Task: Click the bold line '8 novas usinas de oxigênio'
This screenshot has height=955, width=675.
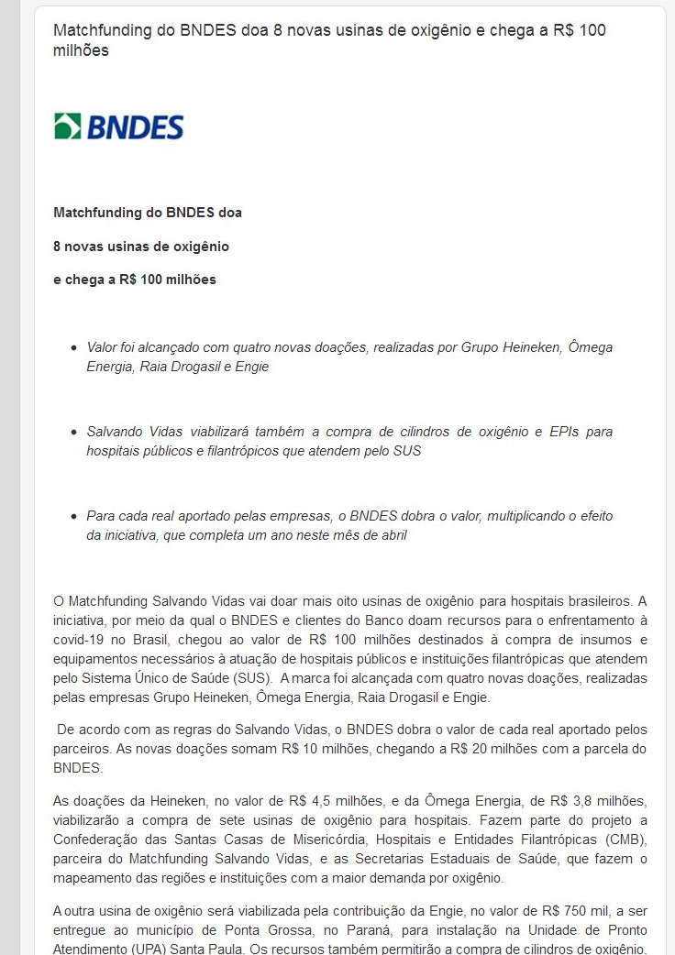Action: tap(141, 247)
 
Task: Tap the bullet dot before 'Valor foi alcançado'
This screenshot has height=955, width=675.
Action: tap(74, 349)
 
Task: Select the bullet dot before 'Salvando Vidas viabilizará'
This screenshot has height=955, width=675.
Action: tap(74, 433)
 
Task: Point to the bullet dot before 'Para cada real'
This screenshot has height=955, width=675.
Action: tap(74, 517)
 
